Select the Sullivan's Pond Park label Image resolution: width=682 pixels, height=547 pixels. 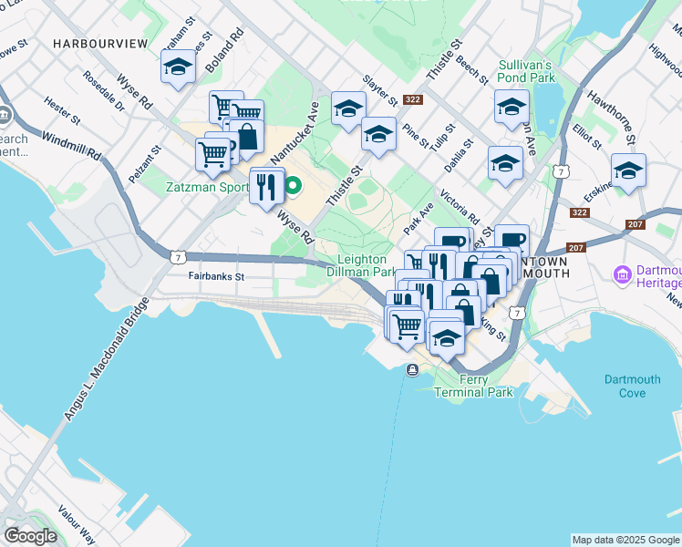[526, 72]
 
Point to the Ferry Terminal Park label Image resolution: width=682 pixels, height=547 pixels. [473, 386]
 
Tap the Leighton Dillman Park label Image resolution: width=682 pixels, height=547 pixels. [367, 265]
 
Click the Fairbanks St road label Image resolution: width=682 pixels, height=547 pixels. [217, 275]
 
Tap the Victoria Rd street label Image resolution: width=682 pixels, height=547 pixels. [460, 207]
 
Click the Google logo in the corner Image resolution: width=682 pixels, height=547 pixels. [30, 536]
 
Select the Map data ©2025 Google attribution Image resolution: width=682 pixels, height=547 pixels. [625, 540]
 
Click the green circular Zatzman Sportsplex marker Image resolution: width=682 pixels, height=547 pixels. [294, 187]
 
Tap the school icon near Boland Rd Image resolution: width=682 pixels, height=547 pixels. [179, 67]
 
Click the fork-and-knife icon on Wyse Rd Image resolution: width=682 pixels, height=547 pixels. [266, 186]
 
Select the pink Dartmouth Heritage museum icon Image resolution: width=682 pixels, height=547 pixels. [624, 273]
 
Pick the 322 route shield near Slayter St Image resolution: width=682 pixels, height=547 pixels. [413, 99]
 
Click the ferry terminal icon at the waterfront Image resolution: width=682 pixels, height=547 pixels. [413, 369]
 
